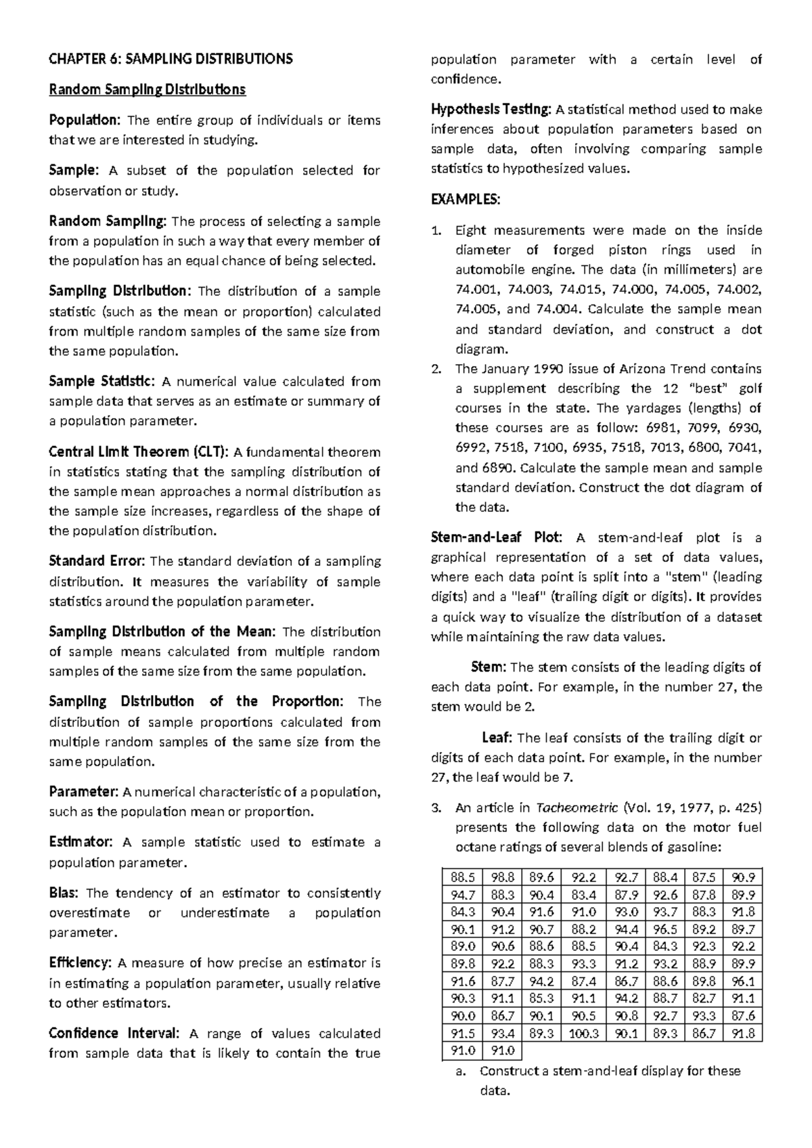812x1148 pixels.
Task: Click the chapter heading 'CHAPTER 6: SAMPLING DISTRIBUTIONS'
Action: (x=171, y=59)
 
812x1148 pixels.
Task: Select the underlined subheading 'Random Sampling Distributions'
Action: (x=147, y=89)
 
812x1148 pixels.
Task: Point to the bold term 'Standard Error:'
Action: (x=97, y=561)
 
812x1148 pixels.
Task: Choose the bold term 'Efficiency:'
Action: (x=81, y=963)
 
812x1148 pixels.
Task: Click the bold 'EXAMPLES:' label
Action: (x=466, y=200)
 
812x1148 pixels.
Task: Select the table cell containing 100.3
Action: (x=585, y=1034)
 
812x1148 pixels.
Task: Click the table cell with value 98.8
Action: (x=503, y=877)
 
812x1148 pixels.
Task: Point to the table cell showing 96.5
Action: (x=666, y=929)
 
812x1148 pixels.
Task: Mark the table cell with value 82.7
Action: (x=704, y=998)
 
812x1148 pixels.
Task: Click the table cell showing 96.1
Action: (x=743, y=981)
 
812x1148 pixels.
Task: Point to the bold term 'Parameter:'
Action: (x=83, y=792)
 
